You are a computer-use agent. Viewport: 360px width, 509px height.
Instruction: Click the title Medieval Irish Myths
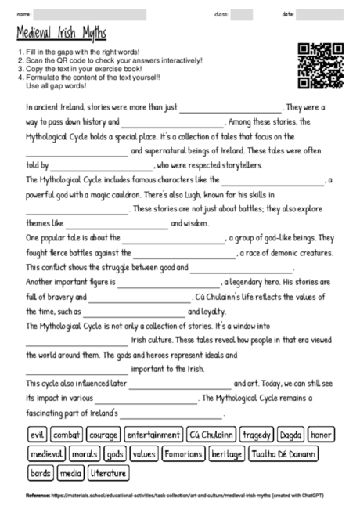click(x=61, y=34)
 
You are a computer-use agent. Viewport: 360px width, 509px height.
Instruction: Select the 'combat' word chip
click(x=67, y=435)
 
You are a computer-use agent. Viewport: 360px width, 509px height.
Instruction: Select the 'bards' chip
click(x=39, y=474)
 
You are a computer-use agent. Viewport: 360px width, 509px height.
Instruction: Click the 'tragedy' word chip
click(x=257, y=435)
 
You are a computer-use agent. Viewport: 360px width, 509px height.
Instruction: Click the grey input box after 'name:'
click(x=90, y=14)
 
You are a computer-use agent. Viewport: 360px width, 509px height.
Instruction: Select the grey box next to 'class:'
click(x=241, y=14)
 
